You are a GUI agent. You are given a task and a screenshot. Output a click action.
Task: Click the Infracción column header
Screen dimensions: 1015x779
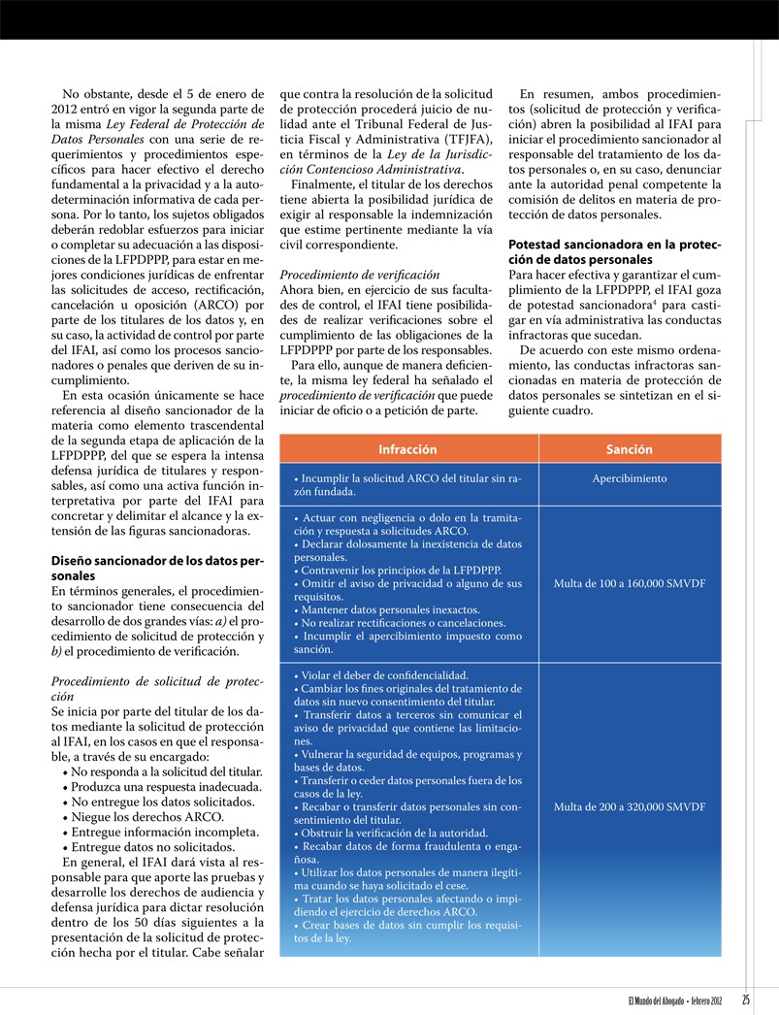(x=407, y=449)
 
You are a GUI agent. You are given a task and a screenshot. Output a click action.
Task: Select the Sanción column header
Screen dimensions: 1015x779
(x=629, y=449)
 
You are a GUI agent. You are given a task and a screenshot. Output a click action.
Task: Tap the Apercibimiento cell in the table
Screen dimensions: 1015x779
(x=629, y=478)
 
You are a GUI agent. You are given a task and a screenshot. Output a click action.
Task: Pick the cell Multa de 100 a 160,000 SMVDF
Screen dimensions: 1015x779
(x=629, y=584)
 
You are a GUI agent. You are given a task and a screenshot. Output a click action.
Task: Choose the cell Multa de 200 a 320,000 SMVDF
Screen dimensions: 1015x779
(x=629, y=807)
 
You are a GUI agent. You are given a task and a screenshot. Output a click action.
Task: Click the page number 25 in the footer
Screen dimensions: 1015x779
(x=746, y=1000)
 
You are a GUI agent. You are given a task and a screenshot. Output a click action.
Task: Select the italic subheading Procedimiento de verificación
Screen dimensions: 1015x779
(x=360, y=276)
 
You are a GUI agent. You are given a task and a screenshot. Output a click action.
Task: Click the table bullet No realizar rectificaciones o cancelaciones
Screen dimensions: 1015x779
(x=400, y=623)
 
